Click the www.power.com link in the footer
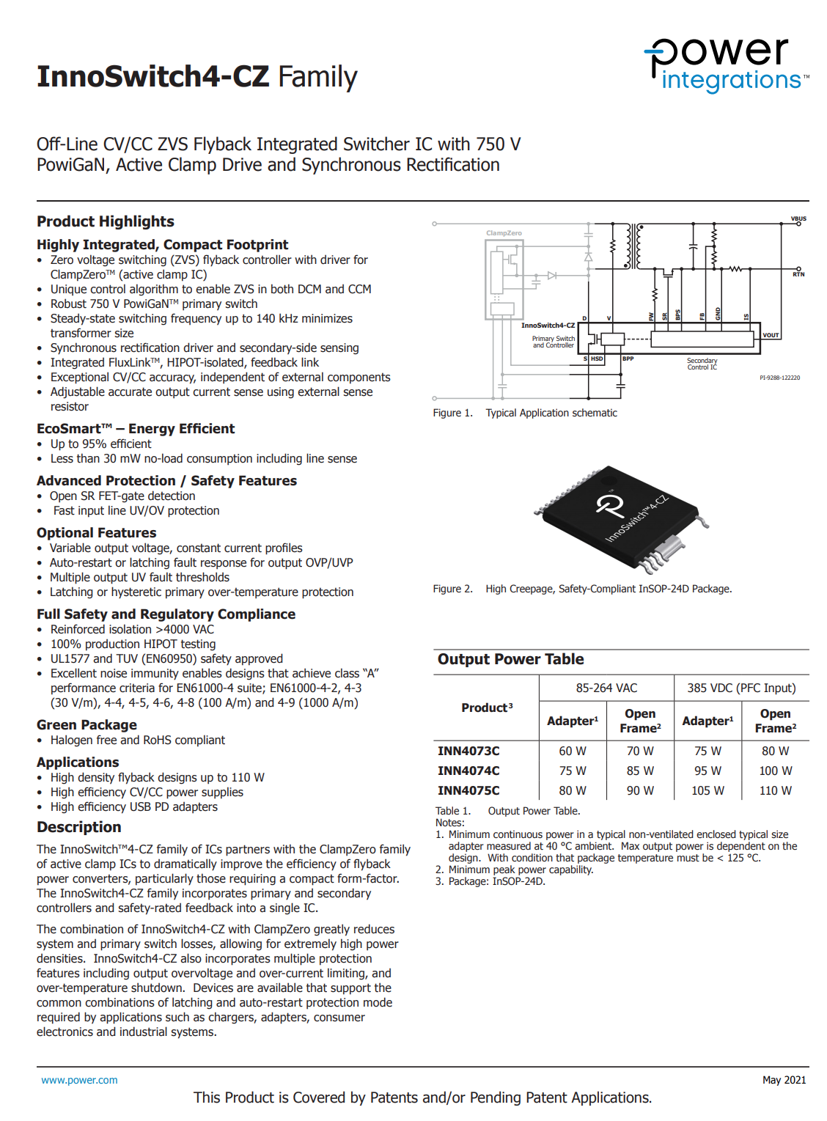click(79, 1080)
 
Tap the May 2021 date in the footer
click(784, 1080)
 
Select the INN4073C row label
click(468, 751)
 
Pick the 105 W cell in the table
click(707, 790)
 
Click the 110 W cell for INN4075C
click(775, 790)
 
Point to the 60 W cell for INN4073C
click(573, 751)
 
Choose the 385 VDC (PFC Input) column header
click(741, 688)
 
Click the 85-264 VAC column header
click(606, 688)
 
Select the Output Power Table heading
click(510, 659)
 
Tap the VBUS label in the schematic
click(798, 218)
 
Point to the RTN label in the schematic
click(798, 274)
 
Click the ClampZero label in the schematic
click(504, 233)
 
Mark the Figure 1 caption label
click(452, 413)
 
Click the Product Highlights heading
click(106, 221)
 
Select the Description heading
click(79, 827)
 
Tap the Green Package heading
click(87, 725)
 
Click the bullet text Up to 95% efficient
click(100, 444)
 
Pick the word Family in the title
click(317, 77)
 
